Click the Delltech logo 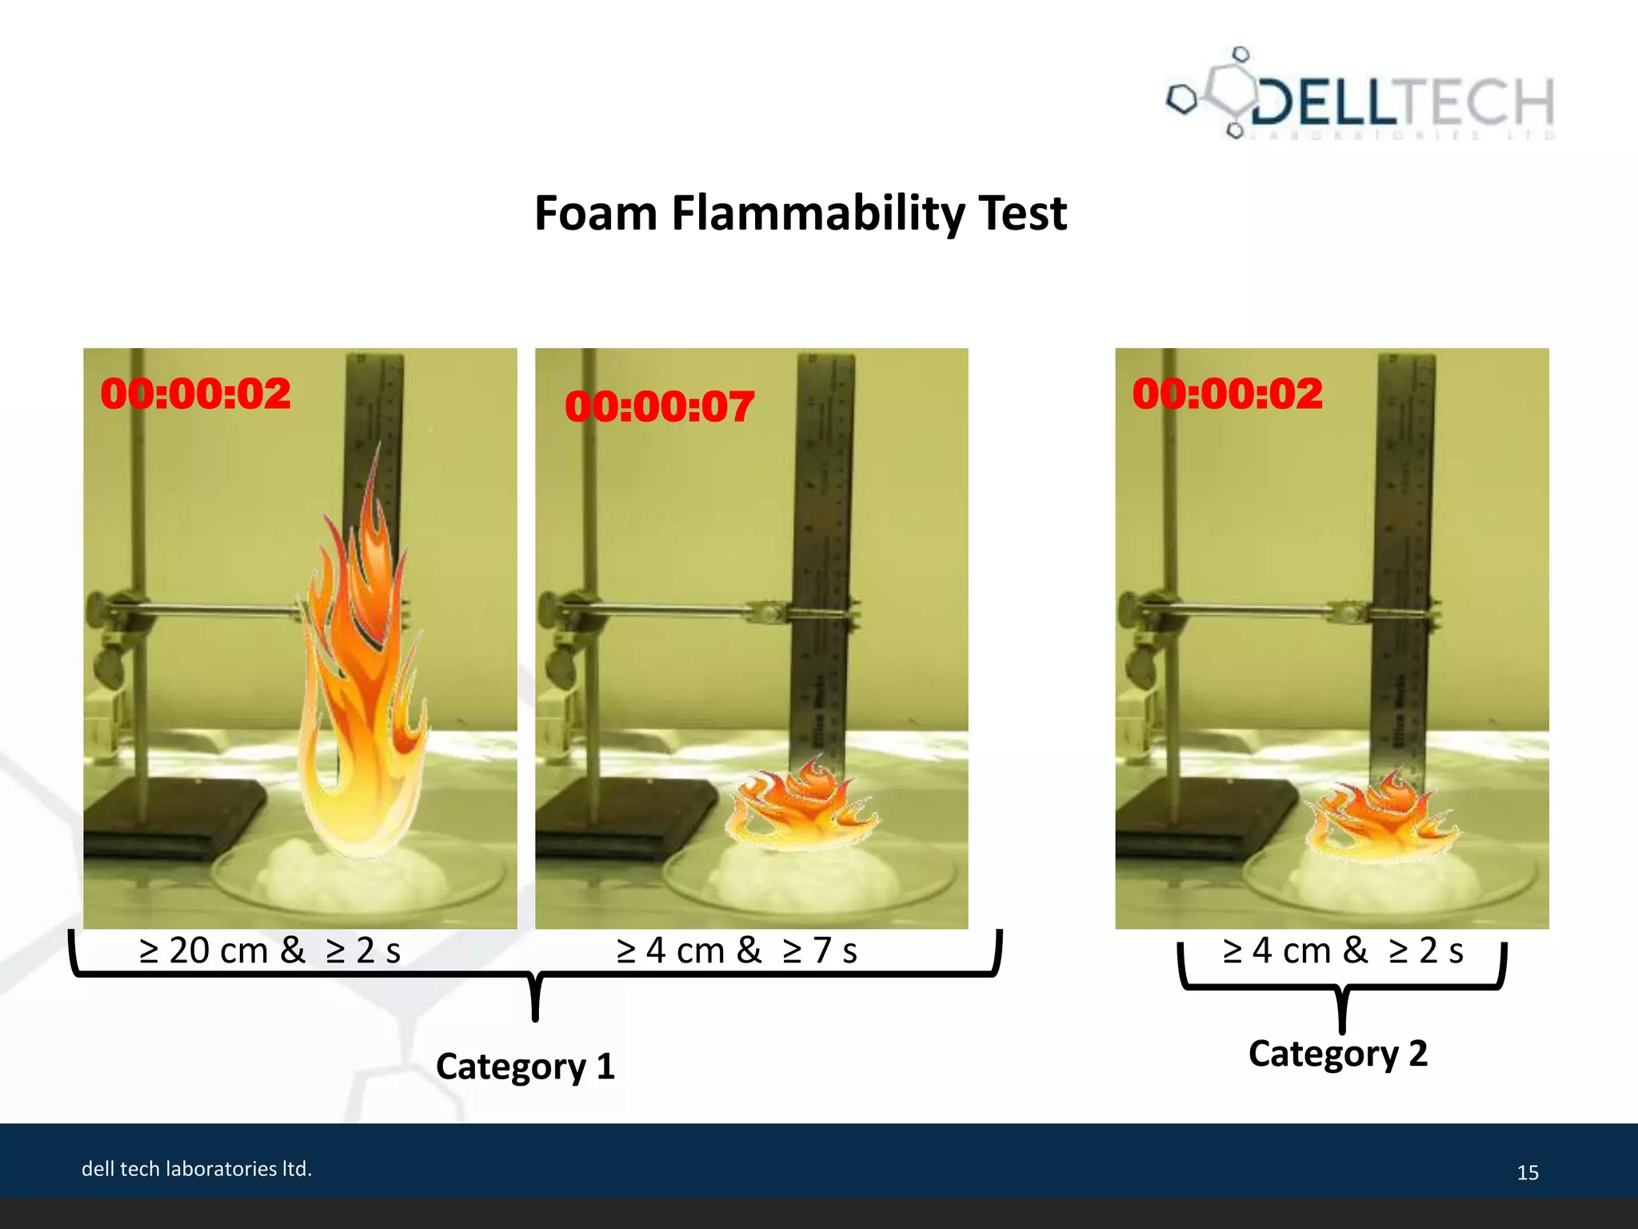(1360, 96)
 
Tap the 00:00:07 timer (659, 406)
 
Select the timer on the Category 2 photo (1227, 394)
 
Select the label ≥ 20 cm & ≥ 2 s (270, 951)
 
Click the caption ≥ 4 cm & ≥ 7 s (737, 951)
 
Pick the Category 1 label (525, 1067)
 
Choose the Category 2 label (1338, 1054)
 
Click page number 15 (1528, 1172)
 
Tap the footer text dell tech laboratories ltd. (197, 1169)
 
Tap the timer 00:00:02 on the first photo (196, 394)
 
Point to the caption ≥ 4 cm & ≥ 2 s (1343, 951)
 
